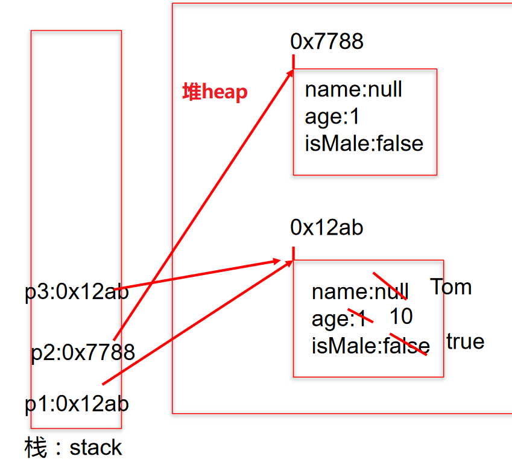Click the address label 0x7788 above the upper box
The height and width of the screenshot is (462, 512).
[327, 42]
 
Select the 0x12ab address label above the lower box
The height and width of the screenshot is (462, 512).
[326, 227]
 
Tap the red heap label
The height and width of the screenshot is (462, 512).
[215, 92]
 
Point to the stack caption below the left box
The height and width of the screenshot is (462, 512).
[73, 447]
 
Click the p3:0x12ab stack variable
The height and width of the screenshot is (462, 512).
[77, 291]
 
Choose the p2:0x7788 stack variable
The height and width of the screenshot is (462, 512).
[83, 352]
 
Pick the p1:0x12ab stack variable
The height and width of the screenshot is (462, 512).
[77, 404]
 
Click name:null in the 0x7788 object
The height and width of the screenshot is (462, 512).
[353, 89]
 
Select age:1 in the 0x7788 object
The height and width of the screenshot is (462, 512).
[332, 116]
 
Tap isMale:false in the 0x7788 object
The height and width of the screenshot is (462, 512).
[364, 144]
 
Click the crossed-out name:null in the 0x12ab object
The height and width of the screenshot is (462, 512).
[360, 291]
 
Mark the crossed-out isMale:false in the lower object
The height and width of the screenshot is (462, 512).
[371, 346]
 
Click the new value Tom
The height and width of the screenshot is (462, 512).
[450, 286]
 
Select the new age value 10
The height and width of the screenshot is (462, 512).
[401, 316]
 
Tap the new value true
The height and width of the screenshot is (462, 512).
[466, 341]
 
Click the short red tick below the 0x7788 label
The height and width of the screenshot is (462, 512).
[294, 62]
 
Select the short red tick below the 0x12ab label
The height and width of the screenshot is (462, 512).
[294, 253]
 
